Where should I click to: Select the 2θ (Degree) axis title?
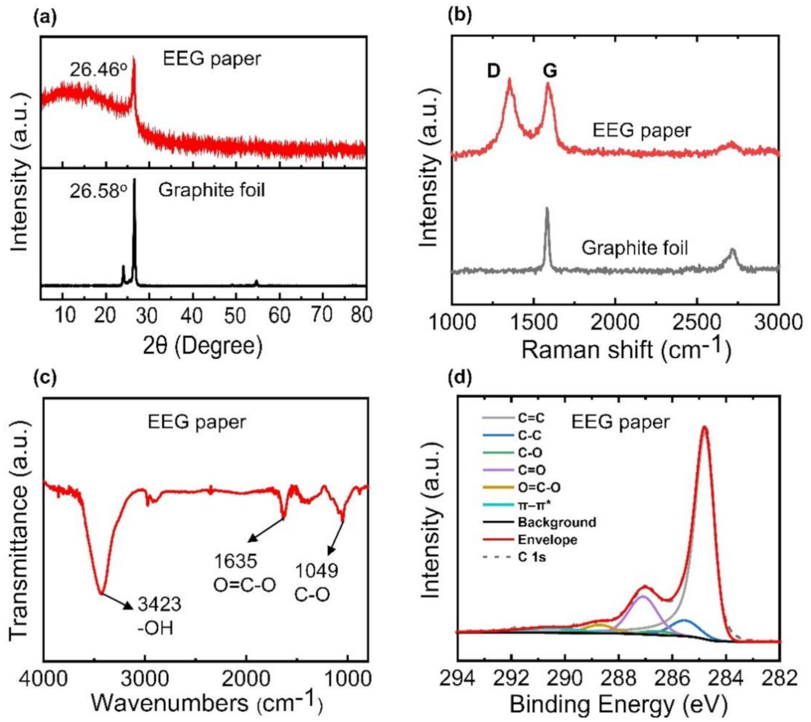(202, 346)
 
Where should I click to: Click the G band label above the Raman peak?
(550, 71)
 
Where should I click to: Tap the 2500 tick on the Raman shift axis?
(696, 323)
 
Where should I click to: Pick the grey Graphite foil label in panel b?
(634, 247)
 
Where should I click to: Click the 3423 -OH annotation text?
(159, 615)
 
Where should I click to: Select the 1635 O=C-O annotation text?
(244, 573)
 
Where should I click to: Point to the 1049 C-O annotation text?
(316, 582)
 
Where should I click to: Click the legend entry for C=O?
(532, 470)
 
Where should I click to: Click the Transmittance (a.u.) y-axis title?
(19, 529)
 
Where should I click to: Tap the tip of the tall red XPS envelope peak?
(704, 427)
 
